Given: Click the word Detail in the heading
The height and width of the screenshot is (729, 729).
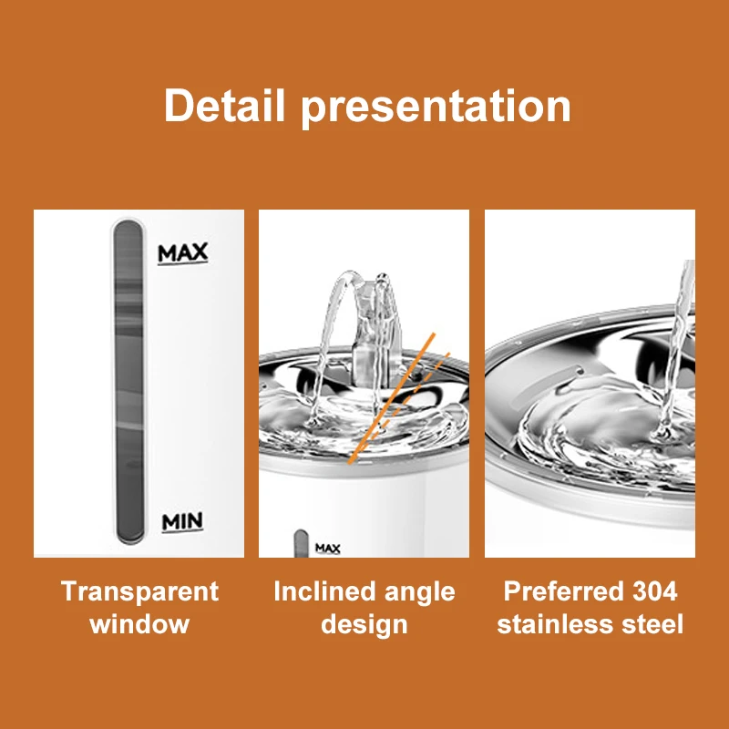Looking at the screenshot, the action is (x=224, y=106).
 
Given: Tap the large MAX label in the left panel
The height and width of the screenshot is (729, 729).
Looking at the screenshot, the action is (x=183, y=253).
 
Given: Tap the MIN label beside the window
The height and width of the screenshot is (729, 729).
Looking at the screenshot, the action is (x=182, y=521).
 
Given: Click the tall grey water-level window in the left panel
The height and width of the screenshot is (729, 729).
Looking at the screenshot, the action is (x=128, y=381).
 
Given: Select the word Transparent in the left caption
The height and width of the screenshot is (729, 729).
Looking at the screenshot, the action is (x=139, y=591).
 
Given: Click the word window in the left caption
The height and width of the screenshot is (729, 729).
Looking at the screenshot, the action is (x=139, y=624).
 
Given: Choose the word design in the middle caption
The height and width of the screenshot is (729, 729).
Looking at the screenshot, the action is (x=364, y=625).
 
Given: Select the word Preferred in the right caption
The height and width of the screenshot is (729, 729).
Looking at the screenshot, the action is (x=563, y=591).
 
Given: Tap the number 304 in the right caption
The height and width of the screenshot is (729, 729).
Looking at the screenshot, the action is (x=655, y=591).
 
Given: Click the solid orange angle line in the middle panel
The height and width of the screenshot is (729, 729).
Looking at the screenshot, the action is (x=392, y=398).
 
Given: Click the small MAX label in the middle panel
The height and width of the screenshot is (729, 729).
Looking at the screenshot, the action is (x=328, y=549).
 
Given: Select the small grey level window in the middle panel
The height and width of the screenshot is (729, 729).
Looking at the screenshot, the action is (x=301, y=543).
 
